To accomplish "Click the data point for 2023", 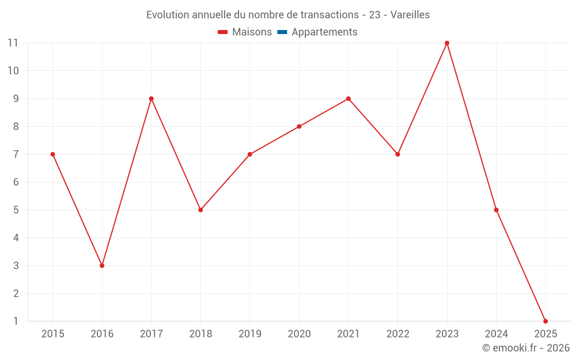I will point(447,43).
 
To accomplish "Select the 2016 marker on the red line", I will point(102,266).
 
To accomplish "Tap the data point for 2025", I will point(545,321).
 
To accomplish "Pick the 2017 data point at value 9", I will point(151,98).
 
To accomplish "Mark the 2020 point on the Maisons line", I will point(299,127).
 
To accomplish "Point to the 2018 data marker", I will point(200,210).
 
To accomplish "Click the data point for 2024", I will point(496,210).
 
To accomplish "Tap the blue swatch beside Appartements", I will point(282,32).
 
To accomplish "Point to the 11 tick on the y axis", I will point(13,43).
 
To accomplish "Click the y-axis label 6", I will point(16,182).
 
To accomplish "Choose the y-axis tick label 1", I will point(16,321).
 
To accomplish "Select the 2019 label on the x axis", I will point(250,334).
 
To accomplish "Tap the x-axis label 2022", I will point(397,334).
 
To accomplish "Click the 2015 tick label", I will point(53,334).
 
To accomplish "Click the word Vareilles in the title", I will point(410,15).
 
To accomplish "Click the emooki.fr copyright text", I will point(526,348).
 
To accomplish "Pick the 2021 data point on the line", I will point(348,98).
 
